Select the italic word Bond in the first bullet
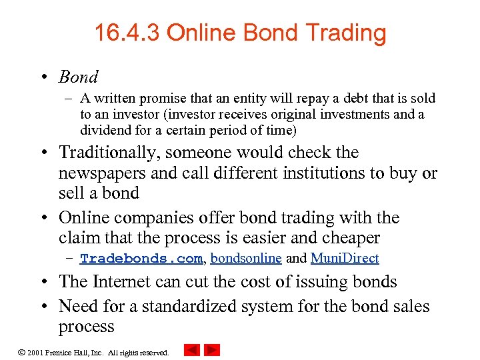click(x=78, y=77)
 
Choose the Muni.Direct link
click(x=345, y=259)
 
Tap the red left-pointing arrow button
click(x=192, y=350)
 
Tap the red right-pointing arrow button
click(x=212, y=350)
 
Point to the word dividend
click(x=105, y=130)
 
